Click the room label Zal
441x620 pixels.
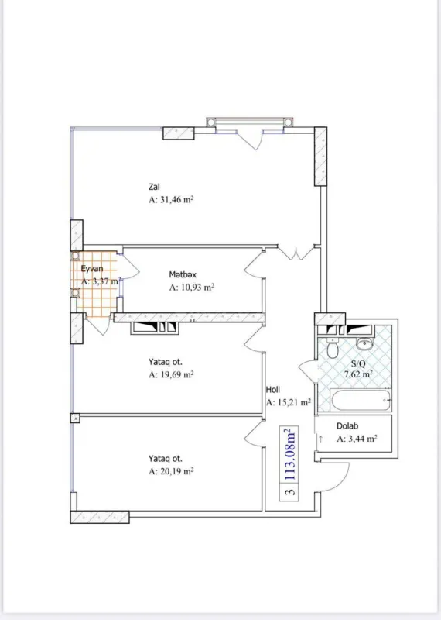[x=155, y=186]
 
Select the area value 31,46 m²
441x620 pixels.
[x=171, y=199]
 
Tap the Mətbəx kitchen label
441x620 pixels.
[x=183, y=274]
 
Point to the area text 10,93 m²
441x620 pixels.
[x=191, y=287]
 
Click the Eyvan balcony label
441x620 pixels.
[x=92, y=268]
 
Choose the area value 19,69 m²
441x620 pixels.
[x=171, y=374]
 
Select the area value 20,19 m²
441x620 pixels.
[x=171, y=470]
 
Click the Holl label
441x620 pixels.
[x=273, y=390]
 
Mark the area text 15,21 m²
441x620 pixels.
[x=289, y=402]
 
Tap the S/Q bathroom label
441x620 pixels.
[x=359, y=363]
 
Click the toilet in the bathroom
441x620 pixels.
[x=333, y=350]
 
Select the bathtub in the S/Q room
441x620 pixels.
[x=360, y=401]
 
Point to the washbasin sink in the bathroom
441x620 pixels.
[x=364, y=341]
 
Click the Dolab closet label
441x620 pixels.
[x=347, y=425]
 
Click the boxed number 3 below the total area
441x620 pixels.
[x=289, y=491]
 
